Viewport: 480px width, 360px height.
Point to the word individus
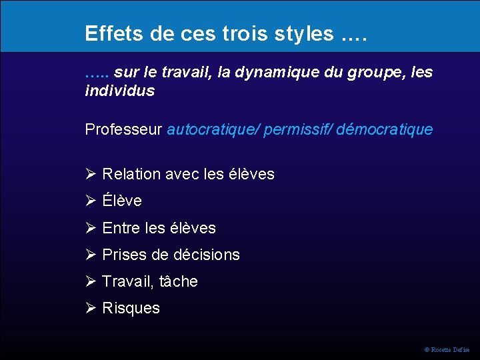pos(119,91)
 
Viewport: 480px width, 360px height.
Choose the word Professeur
pos(123,129)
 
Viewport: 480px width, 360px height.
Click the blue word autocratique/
pos(213,129)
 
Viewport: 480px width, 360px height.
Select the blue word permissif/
pos(298,129)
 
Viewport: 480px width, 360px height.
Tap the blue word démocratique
pos(385,129)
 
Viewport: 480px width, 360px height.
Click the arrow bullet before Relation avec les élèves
pos(91,175)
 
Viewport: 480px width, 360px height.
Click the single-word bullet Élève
pos(122,201)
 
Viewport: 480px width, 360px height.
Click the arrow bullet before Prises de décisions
pos(91,255)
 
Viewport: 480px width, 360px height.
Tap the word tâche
pos(179,281)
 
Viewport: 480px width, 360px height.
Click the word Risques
pos(131,308)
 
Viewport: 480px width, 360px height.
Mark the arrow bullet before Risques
pos(91,308)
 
